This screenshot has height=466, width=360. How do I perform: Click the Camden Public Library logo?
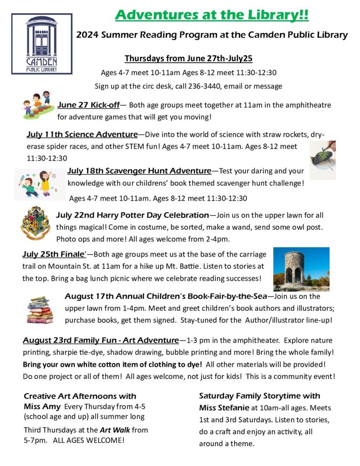[41, 44]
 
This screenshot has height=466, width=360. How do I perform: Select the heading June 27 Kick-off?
[88, 105]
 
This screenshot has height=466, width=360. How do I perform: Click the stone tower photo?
[301, 269]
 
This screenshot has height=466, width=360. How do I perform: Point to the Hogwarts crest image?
[35, 223]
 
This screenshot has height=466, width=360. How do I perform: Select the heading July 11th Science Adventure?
[82, 134]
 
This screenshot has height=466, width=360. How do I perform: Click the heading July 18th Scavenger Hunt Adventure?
[139, 171]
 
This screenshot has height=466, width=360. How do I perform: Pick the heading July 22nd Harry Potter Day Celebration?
[132, 215]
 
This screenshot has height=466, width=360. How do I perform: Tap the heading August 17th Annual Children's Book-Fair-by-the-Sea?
[168, 297]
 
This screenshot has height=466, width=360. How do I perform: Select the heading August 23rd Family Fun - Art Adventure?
[101, 340]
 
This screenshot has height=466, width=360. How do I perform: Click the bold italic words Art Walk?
[113, 430]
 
